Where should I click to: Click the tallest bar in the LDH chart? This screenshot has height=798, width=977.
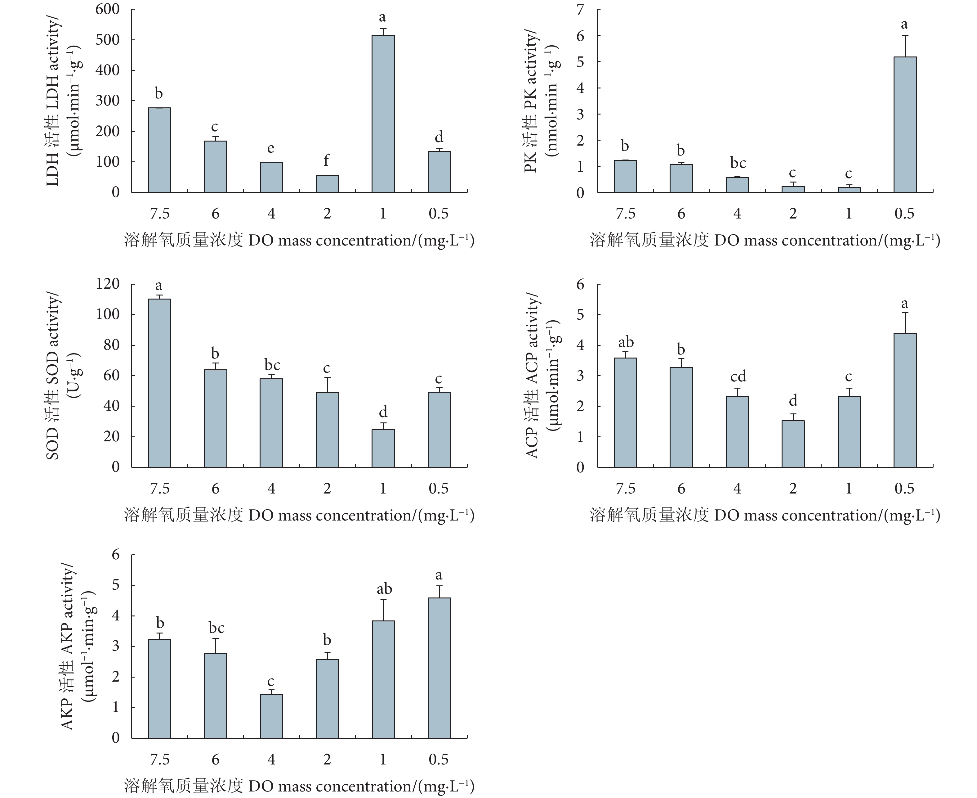(x=383, y=114)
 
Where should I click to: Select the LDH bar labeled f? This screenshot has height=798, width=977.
(x=327, y=183)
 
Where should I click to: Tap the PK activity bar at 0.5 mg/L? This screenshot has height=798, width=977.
(x=905, y=124)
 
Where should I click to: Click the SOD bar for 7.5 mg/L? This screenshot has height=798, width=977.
(x=159, y=383)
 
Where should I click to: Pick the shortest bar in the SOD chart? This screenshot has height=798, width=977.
(x=383, y=448)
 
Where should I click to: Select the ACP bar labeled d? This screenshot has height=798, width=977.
(x=793, y=444)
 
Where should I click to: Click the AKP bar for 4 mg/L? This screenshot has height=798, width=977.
(x=271, y=716)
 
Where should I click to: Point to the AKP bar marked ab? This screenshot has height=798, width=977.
(x=383, y=679)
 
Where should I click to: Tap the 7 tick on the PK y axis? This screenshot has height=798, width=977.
(x=581, y=9)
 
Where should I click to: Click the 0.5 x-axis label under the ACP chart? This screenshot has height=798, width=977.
(x=904, y=489)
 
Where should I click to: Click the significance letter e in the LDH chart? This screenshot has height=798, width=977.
(x=271, y=148)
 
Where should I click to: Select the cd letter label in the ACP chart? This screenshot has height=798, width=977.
(x=738, y=377)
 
